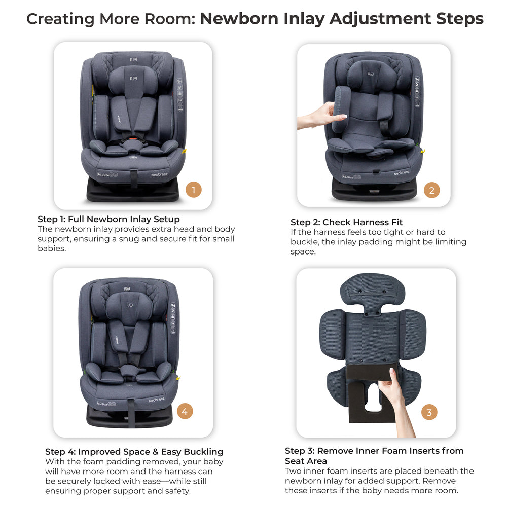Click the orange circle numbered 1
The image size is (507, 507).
(x=193, y=190)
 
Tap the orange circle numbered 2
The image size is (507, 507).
(x=431, y=191)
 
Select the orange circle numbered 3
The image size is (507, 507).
(x=429, y=412)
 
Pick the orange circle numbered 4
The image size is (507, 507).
(x=185, y=412)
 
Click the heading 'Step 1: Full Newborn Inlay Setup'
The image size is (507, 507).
(x=108, y=220)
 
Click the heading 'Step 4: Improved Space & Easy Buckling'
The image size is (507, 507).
(x=134, y=452)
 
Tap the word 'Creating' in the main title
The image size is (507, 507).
(x=60, y=19)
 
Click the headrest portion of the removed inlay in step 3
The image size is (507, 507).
(x=372, y=292)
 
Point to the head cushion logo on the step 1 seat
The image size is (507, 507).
(x=133, y=79)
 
